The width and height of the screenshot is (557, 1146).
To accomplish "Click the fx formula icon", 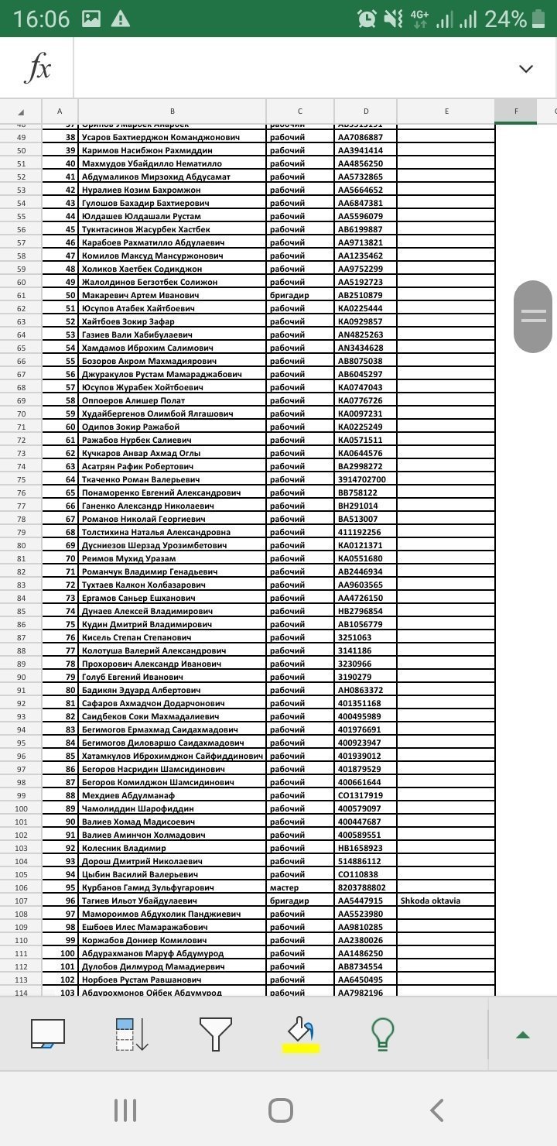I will click(x=37, y=69).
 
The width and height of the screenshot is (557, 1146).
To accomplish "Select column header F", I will click(x=516, y=112).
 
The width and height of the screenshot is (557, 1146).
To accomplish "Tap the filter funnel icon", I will click(x=215, y=1034).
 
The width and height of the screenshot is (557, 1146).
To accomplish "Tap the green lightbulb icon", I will click(x=383, y=1034).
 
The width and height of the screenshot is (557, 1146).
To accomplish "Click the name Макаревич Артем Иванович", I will click(x=140, y=295).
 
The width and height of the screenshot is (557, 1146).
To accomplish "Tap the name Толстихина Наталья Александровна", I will click(x=155, y=532).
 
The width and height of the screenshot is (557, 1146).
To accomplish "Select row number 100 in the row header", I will click(x=21, y=808).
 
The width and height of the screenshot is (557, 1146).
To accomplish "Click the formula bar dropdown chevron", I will click(x=526, y=69).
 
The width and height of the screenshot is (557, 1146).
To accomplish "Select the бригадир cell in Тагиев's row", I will click(x=289, y=901).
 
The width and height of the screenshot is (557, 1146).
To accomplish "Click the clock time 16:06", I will click(x=41, y=19).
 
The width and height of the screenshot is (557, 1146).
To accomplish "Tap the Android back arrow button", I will click(x=437, y=1110).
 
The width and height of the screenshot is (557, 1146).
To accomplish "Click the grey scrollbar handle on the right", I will click(x=534, y=316).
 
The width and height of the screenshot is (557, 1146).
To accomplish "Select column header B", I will click(x=172, y=112).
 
